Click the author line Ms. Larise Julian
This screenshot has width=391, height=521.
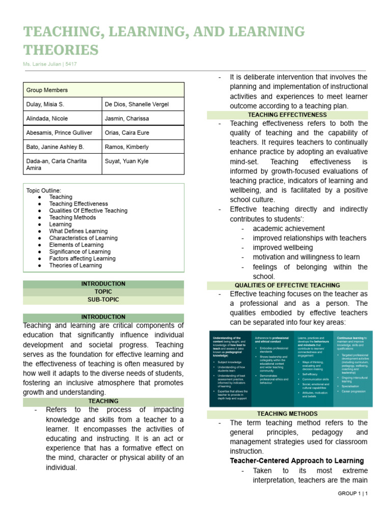(50, 64)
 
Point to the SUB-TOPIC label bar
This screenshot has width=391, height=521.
(103, 300)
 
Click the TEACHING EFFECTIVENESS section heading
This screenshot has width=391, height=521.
(287, 115)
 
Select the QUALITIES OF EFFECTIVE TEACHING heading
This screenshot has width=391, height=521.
(287, 285)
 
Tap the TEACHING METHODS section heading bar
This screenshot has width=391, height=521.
(287, 414)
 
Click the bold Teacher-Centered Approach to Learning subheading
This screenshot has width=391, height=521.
(297, 461)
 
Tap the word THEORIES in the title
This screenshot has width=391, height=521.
(61, 50)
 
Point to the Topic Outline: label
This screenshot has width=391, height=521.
(43, 190)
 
